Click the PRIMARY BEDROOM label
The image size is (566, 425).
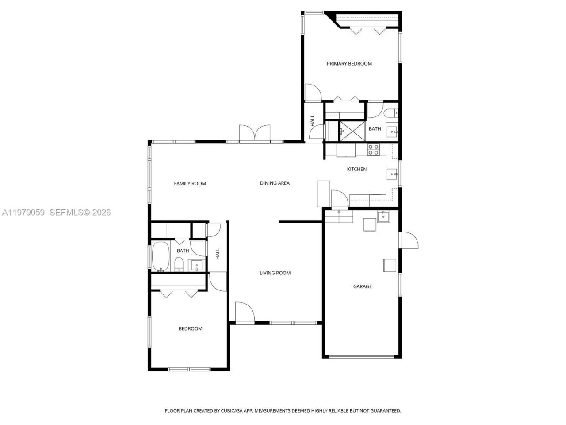(349, 64)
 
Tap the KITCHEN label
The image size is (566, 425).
(356, 169)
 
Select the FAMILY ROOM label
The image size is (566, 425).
(190, 184)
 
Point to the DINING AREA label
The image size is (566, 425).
(275, 183)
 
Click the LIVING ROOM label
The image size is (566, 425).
(275, 273)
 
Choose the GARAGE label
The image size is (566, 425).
(362, 286)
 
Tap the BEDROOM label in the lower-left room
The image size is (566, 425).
(190, 328)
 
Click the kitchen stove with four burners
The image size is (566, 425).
(373, 150)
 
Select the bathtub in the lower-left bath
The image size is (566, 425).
(161, 256)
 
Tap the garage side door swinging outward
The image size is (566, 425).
(409, 240)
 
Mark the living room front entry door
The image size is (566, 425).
(245, 312)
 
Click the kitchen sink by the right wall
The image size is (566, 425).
(392, 174)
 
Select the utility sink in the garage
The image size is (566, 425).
(383, 216)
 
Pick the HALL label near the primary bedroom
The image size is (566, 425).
(313, 120)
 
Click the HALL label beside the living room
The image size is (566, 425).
(218, 254)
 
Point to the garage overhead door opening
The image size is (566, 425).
(362, 356)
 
